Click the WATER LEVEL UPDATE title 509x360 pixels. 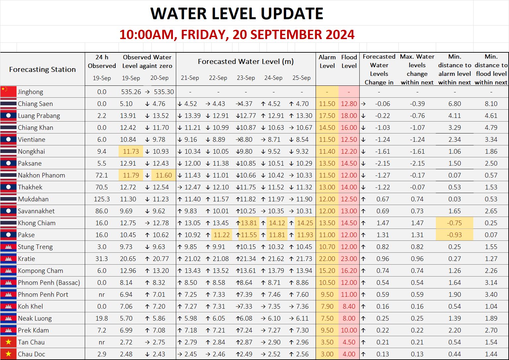coord(237,14)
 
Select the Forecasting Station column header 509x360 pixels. coord(42,70)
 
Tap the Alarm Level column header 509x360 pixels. coord(327,61)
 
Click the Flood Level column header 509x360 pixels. coord(349,61)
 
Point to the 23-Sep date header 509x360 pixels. coord(246,78)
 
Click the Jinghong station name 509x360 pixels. coord(30,92)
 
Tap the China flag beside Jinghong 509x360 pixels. coord(8,92)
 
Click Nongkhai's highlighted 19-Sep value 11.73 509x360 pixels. coord(131,151)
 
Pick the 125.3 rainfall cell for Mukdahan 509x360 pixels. coord(102,199)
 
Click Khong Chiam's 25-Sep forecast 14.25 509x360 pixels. coord(305,223)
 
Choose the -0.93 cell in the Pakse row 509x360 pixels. coord(454,235)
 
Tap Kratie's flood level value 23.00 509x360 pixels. coord(349,259)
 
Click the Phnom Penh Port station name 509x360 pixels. coord(43,294)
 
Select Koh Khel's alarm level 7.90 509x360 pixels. coord(327,306)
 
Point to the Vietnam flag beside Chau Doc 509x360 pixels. coord(8,354)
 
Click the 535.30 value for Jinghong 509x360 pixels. coord(164,92)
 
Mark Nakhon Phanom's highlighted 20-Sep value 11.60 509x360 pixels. coord(164,175)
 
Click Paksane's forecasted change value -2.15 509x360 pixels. coord(382,163)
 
